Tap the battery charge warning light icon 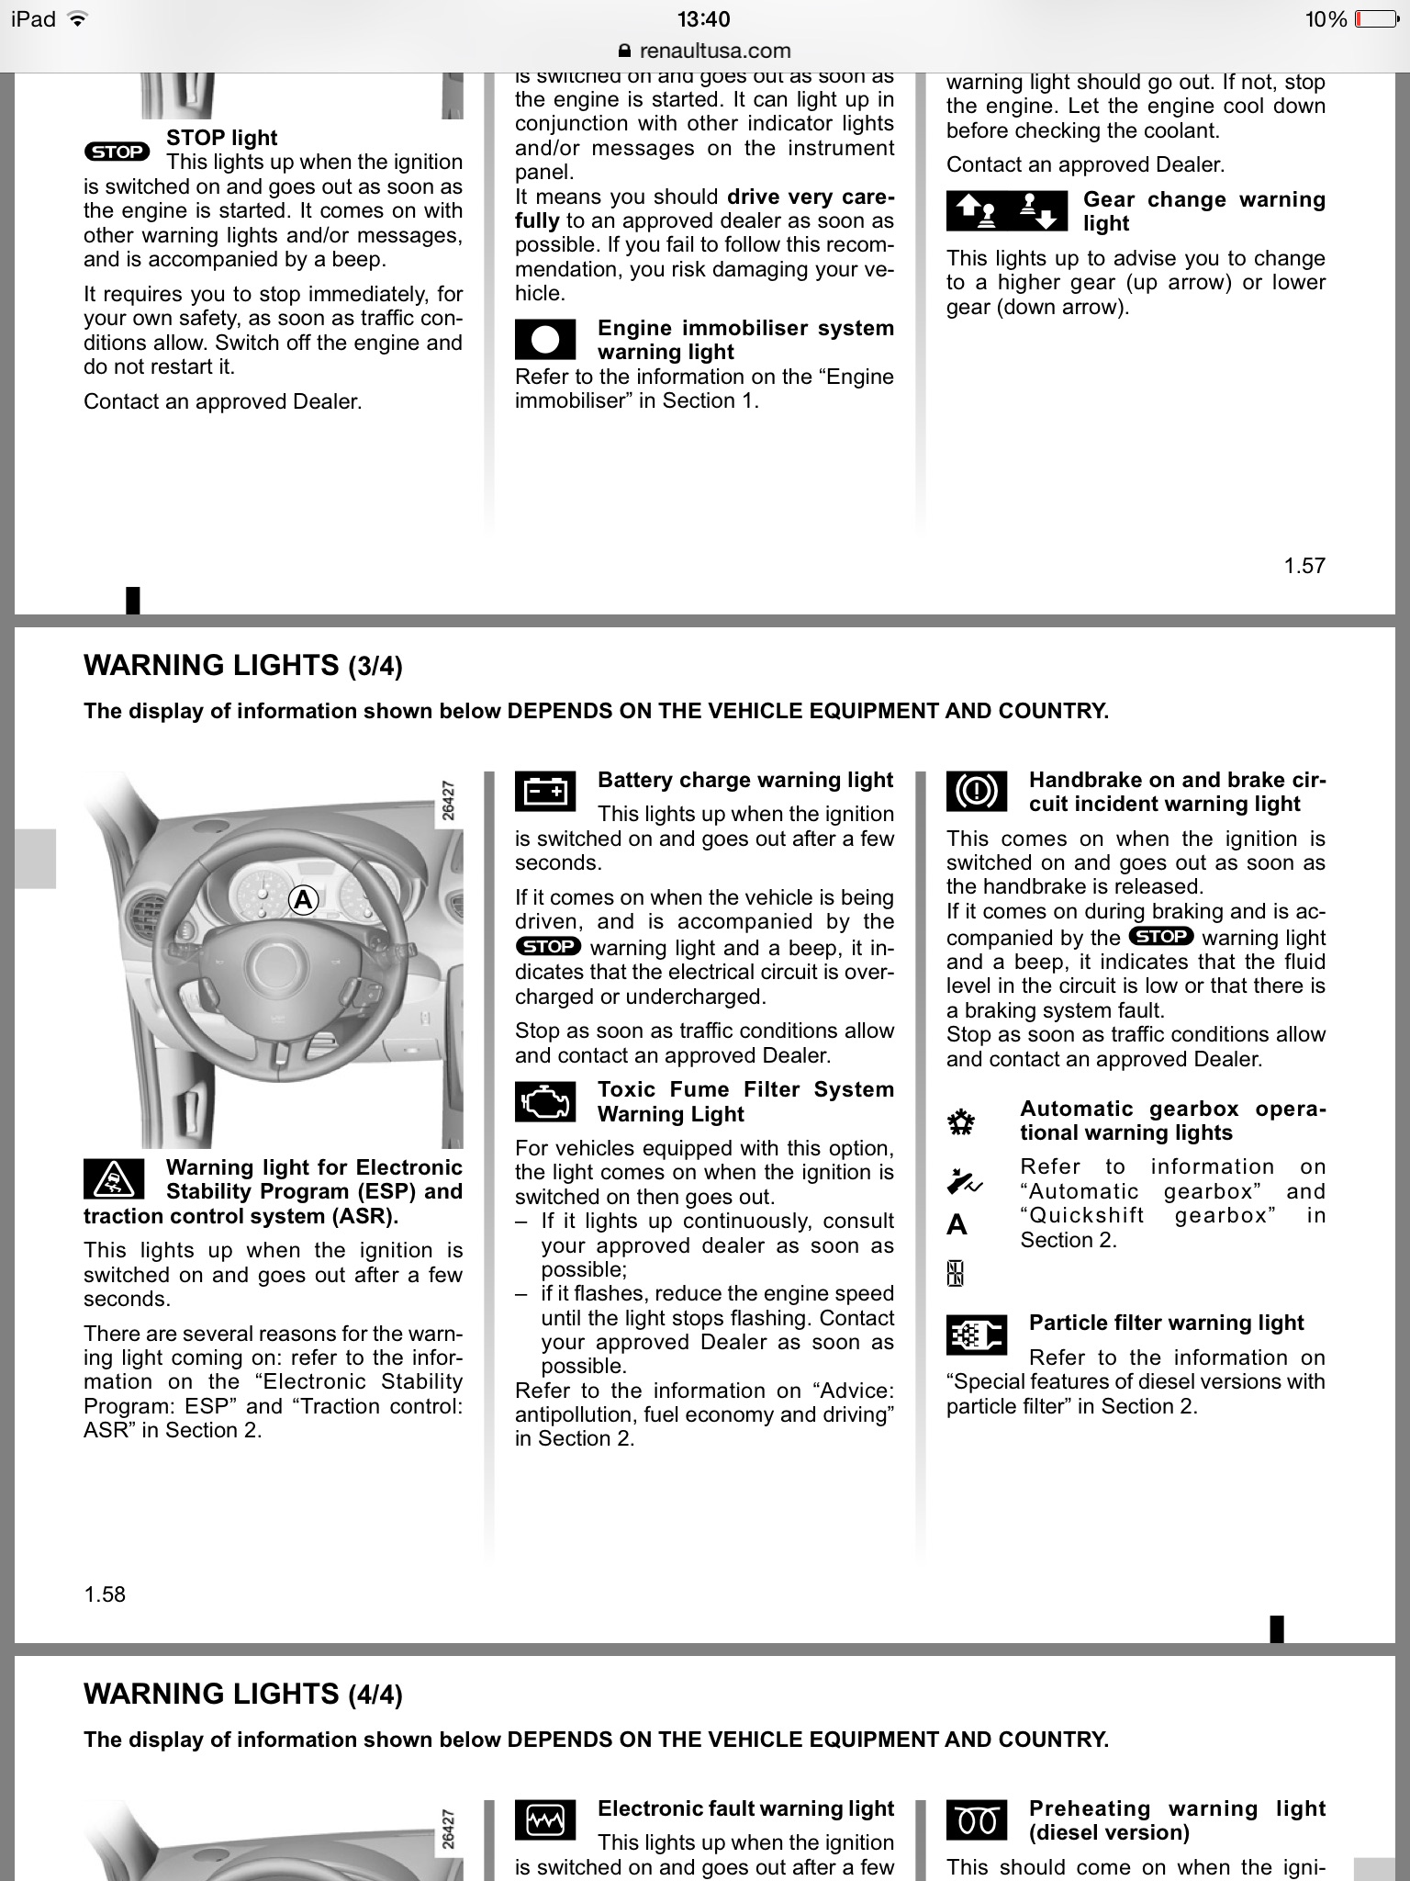(545, 790)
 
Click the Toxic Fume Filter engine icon (545, 1101)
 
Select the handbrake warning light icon (977, 790)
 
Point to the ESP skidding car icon (114, 1178)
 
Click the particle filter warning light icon (977, 1335)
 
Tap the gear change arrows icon (1007, 210)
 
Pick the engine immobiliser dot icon (545, 339)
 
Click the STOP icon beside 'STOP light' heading (117, 152)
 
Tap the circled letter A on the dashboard (303, 900)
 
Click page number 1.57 (1304, 566)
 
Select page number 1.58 (105, 1594)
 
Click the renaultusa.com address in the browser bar (715, 51)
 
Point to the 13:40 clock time (704, 19)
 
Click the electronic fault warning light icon (545, 1819)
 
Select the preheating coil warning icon (977, 1819)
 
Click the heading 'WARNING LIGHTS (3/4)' (243, 666)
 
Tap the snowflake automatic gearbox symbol (961, 1122)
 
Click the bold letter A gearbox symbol (957, 1224)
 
